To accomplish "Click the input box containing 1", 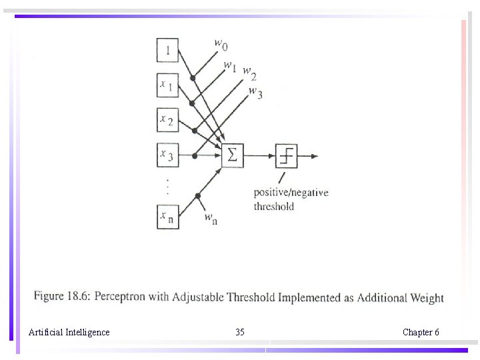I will [x=167, y=49].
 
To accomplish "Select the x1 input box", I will [x=167, y=85].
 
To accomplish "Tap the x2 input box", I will [x=167, y=120].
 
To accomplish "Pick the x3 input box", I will [x=167, y=155].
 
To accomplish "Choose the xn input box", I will [x=167, y=217].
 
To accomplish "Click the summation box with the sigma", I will [x=232, y=155].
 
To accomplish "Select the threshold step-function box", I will [x=287, y=155].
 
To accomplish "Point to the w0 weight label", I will [x=221, y=44].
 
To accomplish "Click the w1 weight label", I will [x=230, y=66].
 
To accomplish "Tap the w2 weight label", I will [x=249, y=73].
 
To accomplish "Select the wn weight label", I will [x=210, y=217].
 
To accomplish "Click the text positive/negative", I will [x=291, y=193].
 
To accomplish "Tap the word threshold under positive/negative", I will [x=273, y=207].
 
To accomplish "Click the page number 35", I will [x=240, y=332].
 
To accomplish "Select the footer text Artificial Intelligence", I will [x=69, y=332].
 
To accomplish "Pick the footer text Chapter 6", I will [x=421, y=332].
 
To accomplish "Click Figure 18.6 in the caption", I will [x=62, y=297].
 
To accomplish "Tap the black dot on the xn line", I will [x=198, y=195].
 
